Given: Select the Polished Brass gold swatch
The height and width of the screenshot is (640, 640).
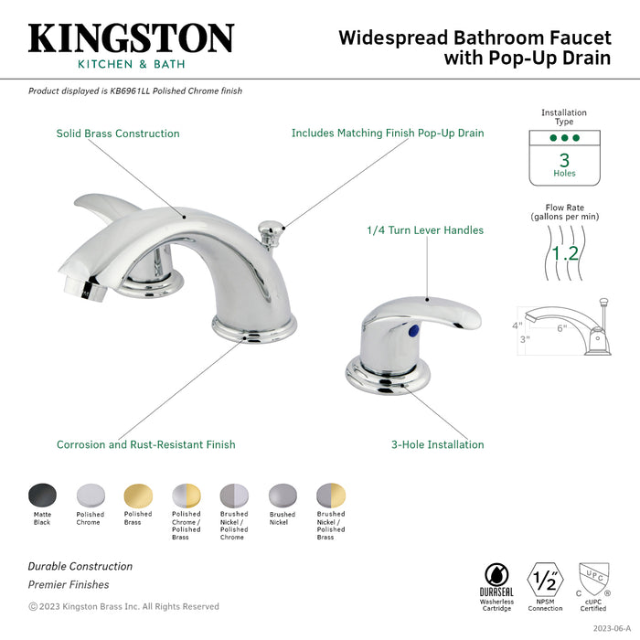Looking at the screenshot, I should click(x=138, y=496).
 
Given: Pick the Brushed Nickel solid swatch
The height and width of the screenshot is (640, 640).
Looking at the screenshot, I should click(x=282, y=496).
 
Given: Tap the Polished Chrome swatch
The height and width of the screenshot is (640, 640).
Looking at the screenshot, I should click(x=91, y=496).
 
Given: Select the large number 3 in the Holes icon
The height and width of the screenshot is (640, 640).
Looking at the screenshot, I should click(x=564, y=158).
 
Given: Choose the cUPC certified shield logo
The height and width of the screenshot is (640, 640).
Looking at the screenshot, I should click(x=592, y=581).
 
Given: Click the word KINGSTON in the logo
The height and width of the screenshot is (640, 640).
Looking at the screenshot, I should click(x=131, y=37).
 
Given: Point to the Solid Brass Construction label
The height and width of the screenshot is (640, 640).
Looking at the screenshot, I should click(x=118, y=133).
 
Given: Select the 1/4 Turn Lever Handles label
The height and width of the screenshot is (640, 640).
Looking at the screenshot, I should click(x=425, y=230).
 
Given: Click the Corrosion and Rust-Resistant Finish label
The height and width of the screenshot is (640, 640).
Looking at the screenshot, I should click(x=145, y=445).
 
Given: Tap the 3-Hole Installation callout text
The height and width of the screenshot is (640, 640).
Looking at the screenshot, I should click(x=438, y=445).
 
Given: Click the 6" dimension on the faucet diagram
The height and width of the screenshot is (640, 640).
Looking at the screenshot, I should click(x=562, y=327).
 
